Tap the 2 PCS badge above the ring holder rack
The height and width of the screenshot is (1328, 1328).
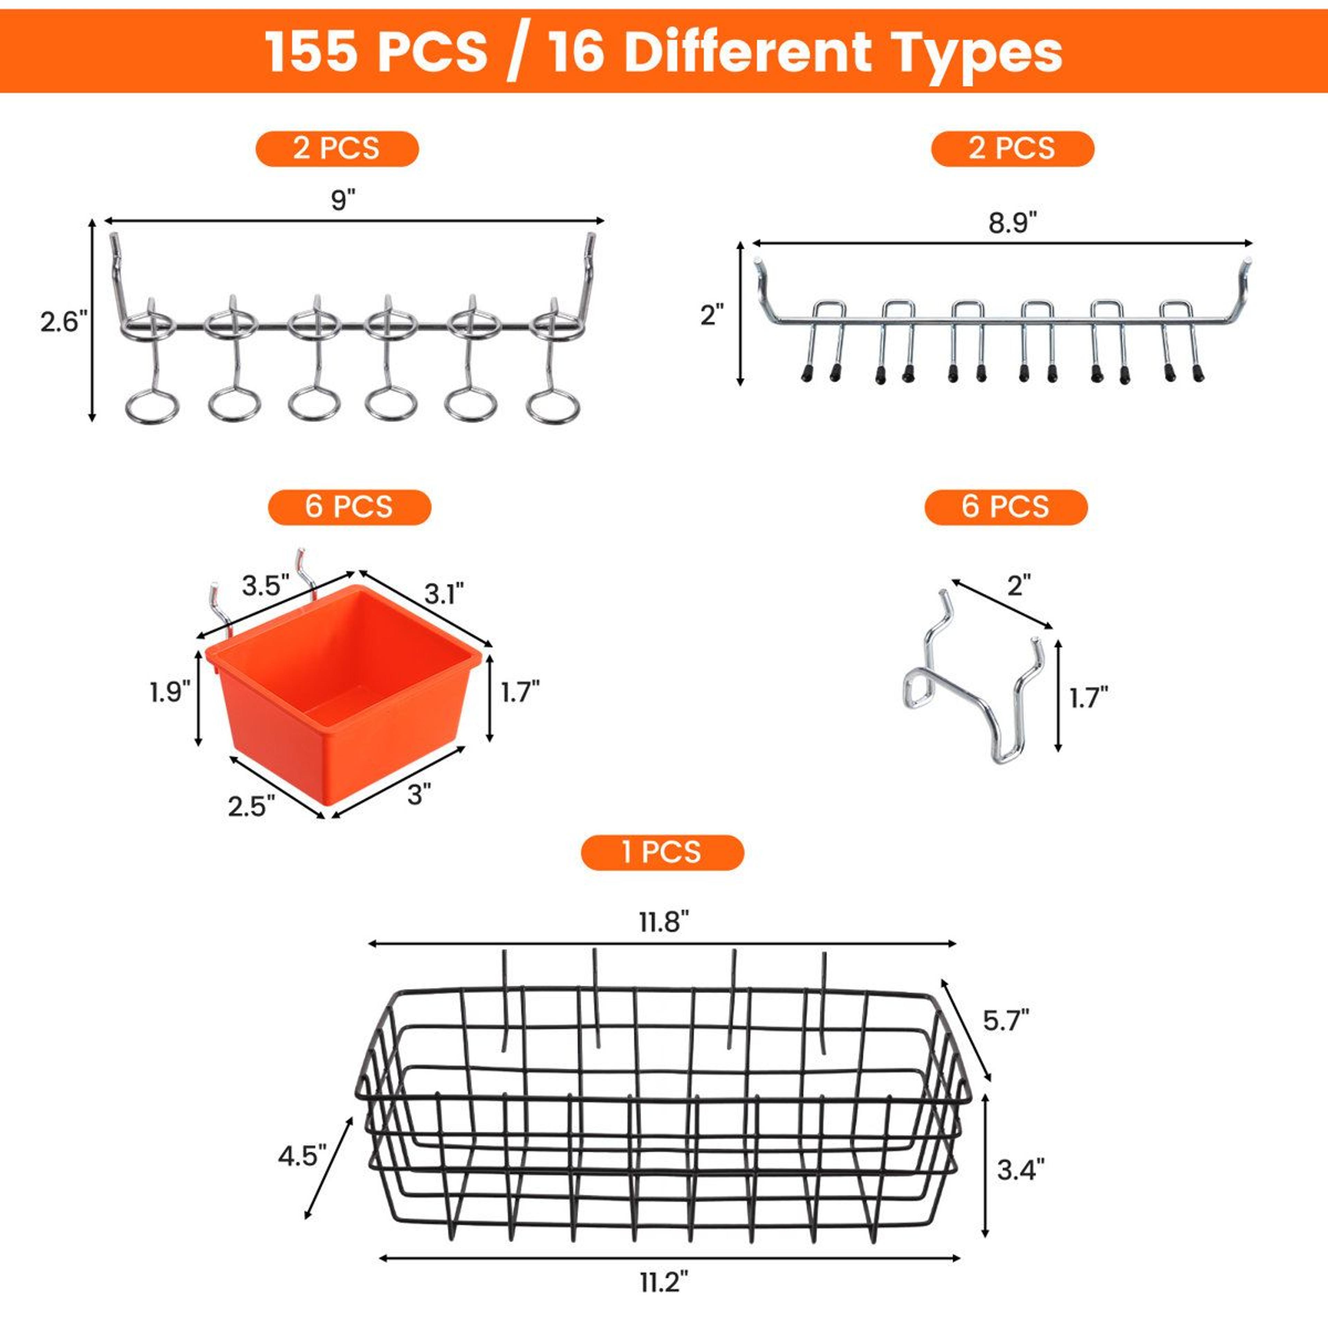tap(337, 148)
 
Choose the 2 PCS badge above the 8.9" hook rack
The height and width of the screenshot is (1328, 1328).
tap(1013, 148)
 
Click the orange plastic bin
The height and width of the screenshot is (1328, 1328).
tap(342, 691)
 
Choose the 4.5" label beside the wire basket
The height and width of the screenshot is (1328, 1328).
tap(302, 1156)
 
